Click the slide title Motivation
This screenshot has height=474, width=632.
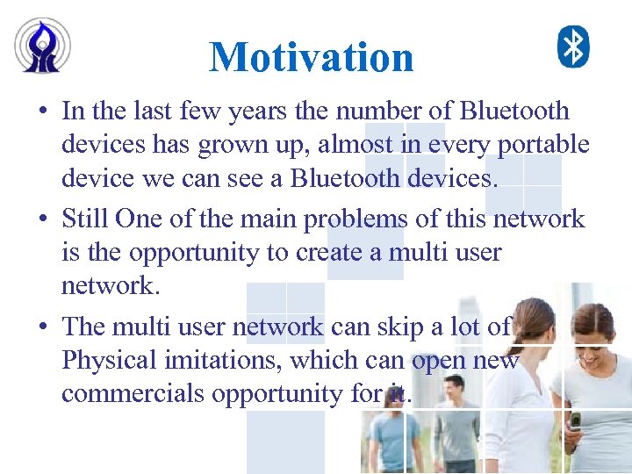(x=312, y=57)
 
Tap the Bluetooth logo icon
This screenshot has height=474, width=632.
(x=574, y=47)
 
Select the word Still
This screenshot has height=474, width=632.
(x=85, y=219)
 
